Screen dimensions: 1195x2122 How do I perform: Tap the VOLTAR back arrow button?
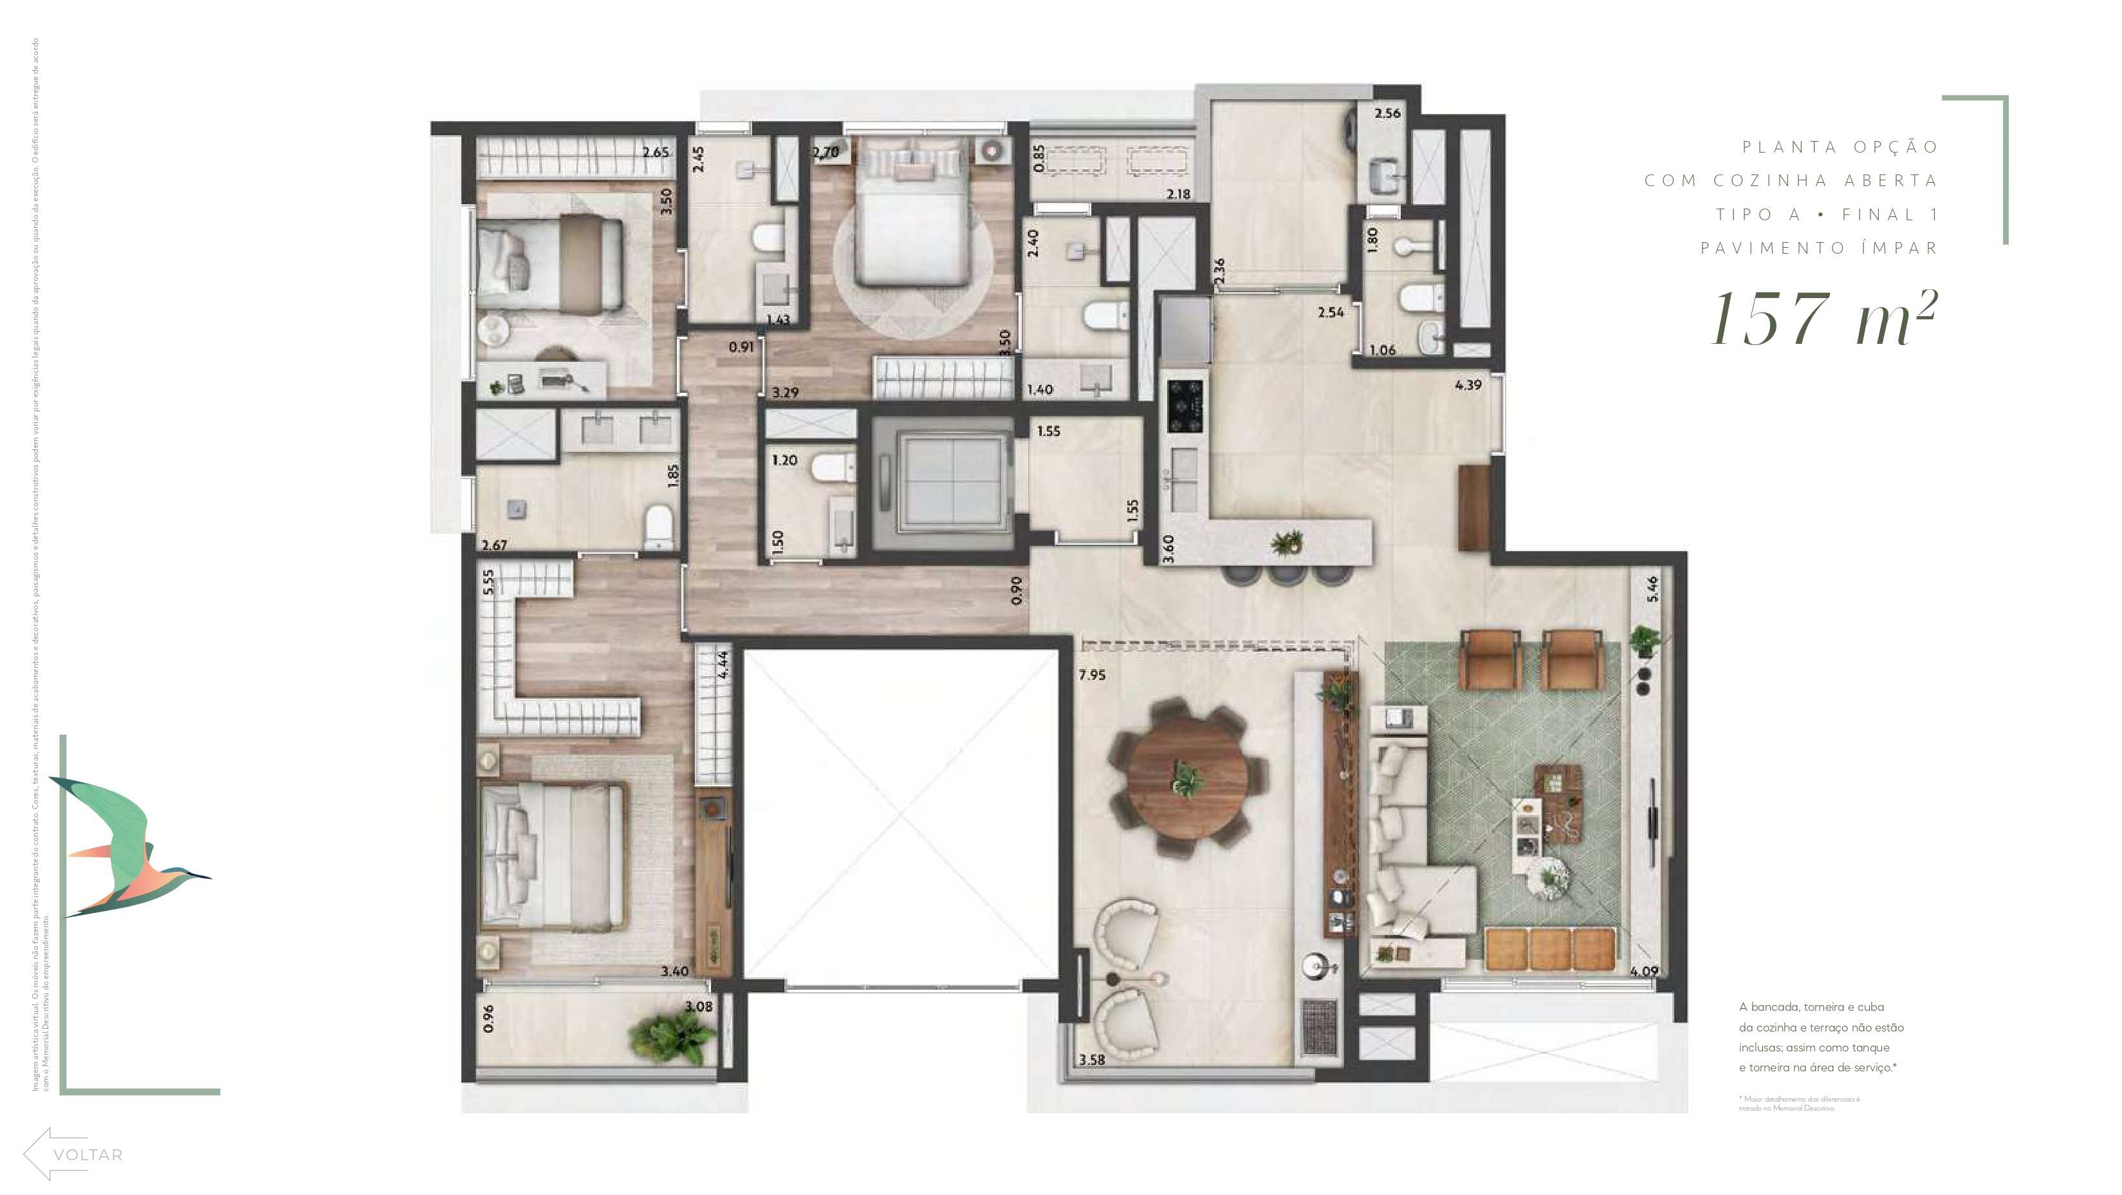(73, 1154)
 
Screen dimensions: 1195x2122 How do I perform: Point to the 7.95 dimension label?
(1093, 675)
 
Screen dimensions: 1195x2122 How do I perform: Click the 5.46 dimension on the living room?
(1652, 588)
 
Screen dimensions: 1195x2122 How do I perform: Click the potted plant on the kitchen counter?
(1287, 542)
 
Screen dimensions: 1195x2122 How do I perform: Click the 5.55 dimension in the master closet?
(488, 582)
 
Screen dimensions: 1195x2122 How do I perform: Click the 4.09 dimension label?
(1643, 971)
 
